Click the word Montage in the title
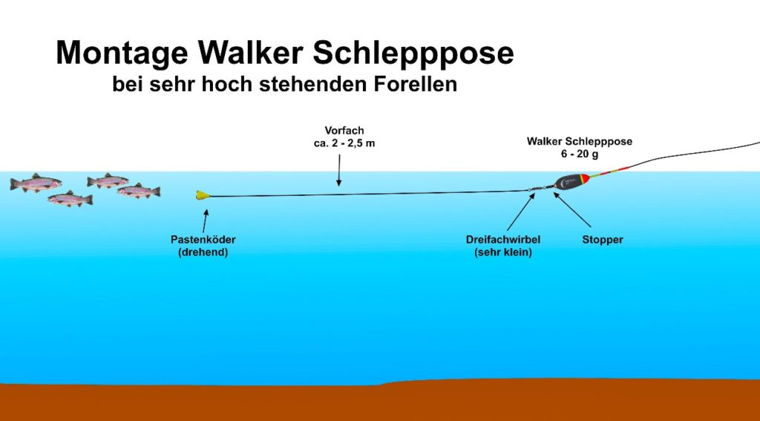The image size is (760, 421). point(122,53)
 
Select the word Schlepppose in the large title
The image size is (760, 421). point(413,53)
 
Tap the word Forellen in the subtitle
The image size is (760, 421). point(416,84)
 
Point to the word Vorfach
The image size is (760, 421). point(344,131)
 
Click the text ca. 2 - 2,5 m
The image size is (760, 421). point(344,143)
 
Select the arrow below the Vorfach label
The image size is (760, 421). point(338,170)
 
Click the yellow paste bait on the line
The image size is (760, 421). point(203,195)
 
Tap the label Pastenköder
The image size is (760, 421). point(203,240)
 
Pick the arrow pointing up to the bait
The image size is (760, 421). point(205,221)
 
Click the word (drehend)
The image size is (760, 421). point(203,252)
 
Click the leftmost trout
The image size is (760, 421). point(36,183)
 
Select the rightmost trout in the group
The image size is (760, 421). point(139,191)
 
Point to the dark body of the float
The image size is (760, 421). point(568,182)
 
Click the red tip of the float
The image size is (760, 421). point(586,178)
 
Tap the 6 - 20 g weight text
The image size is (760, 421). point(580,154)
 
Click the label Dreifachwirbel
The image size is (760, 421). point(503,240)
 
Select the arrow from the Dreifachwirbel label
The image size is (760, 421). point(521,212)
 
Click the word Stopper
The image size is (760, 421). point(603,240)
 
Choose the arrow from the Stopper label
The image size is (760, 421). point(572,209)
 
